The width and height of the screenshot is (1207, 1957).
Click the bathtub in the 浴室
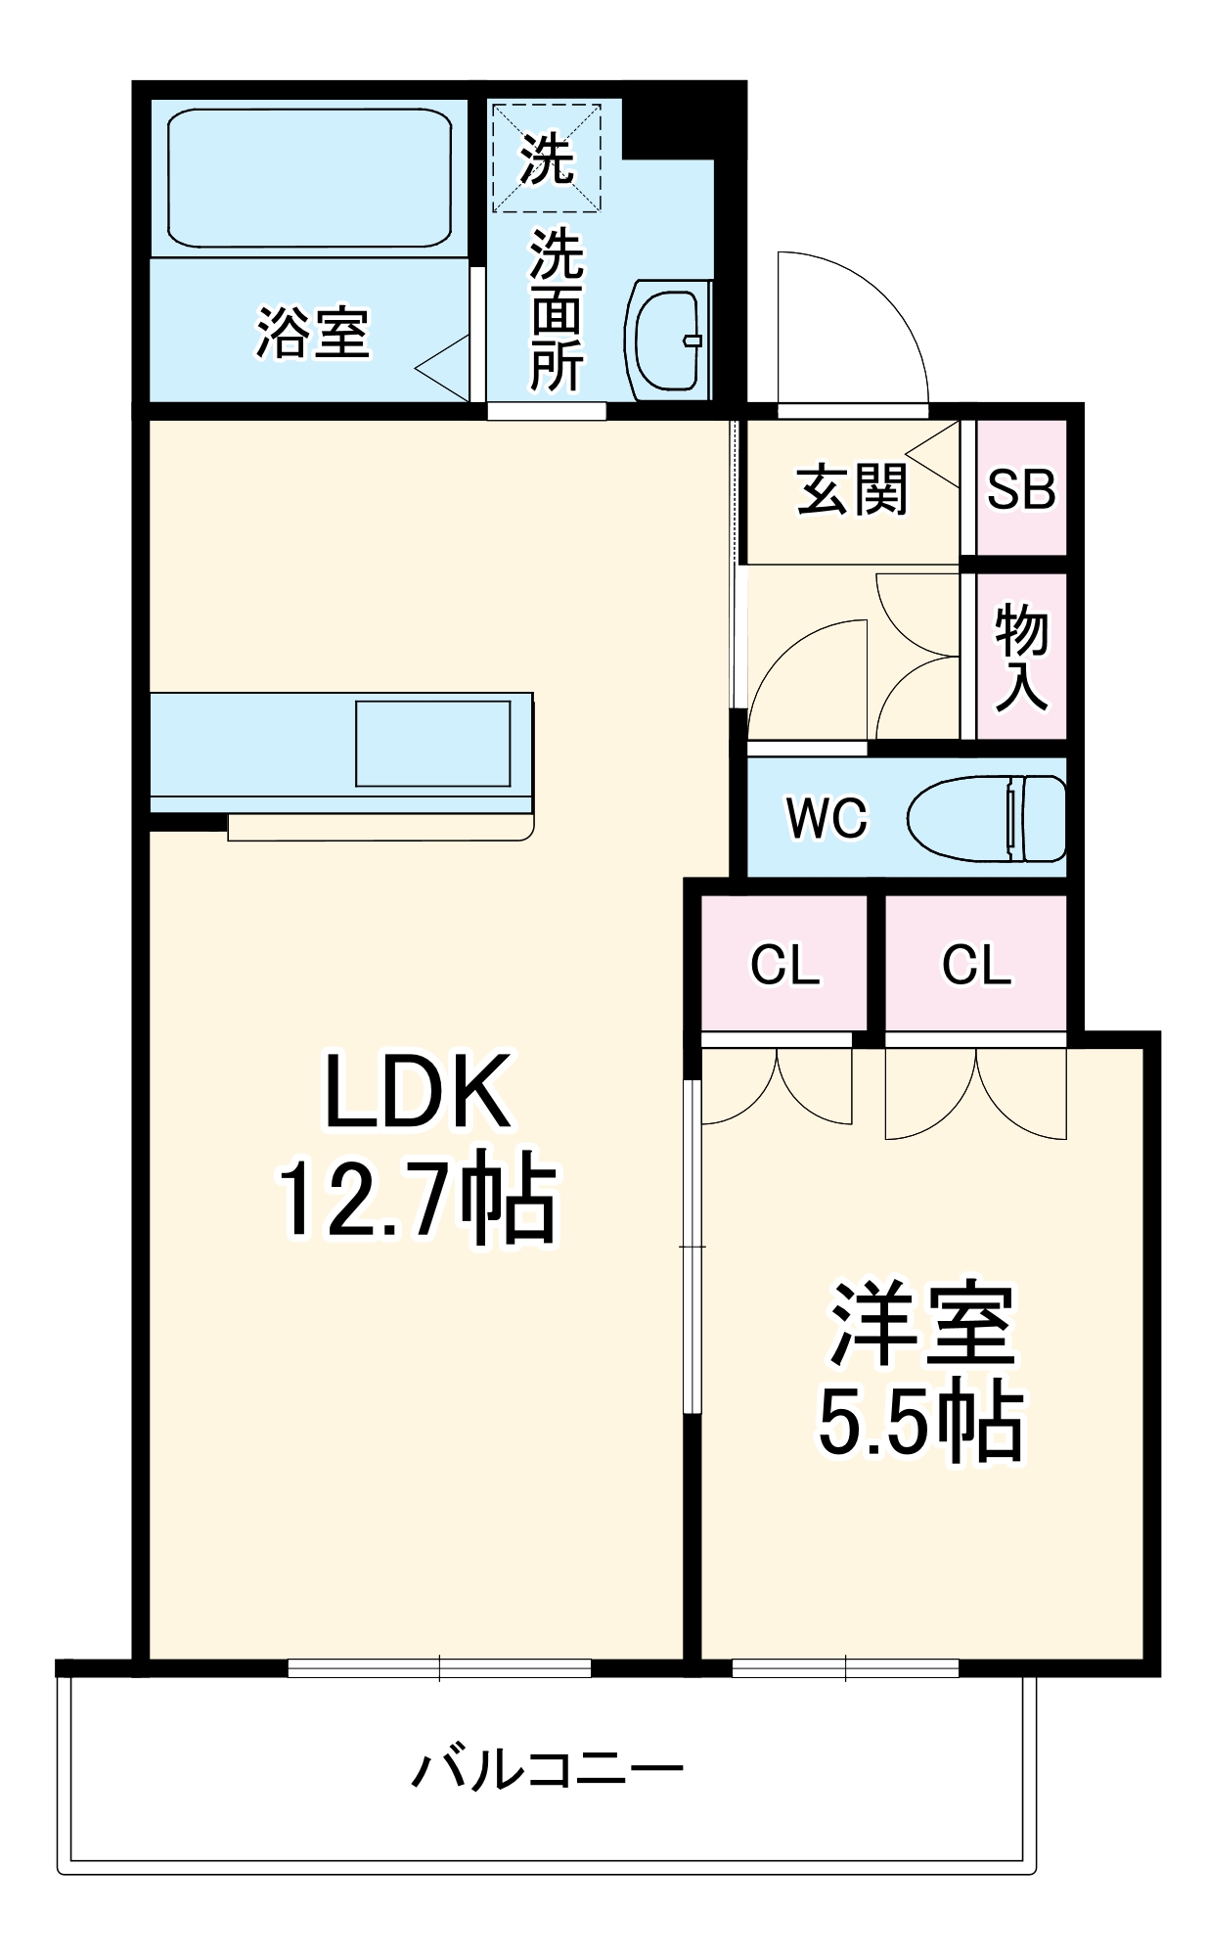point(309,177)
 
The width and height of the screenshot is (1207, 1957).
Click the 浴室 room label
point(312,332)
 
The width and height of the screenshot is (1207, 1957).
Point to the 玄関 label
point(851,489)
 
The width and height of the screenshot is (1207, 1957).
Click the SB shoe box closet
point(1021,487)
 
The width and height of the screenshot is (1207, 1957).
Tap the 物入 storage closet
point(1021,657)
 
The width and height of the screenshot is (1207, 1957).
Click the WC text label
point(827,817)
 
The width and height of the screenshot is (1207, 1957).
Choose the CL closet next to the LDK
point(784,964)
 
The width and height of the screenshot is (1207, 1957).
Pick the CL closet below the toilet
point(975,964)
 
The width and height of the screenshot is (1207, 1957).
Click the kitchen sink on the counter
point(432,743)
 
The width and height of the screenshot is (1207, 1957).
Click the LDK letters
point(418,1090)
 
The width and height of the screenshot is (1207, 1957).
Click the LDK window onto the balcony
point(439,1666)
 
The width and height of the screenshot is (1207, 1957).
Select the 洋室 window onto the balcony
point(845,1666)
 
